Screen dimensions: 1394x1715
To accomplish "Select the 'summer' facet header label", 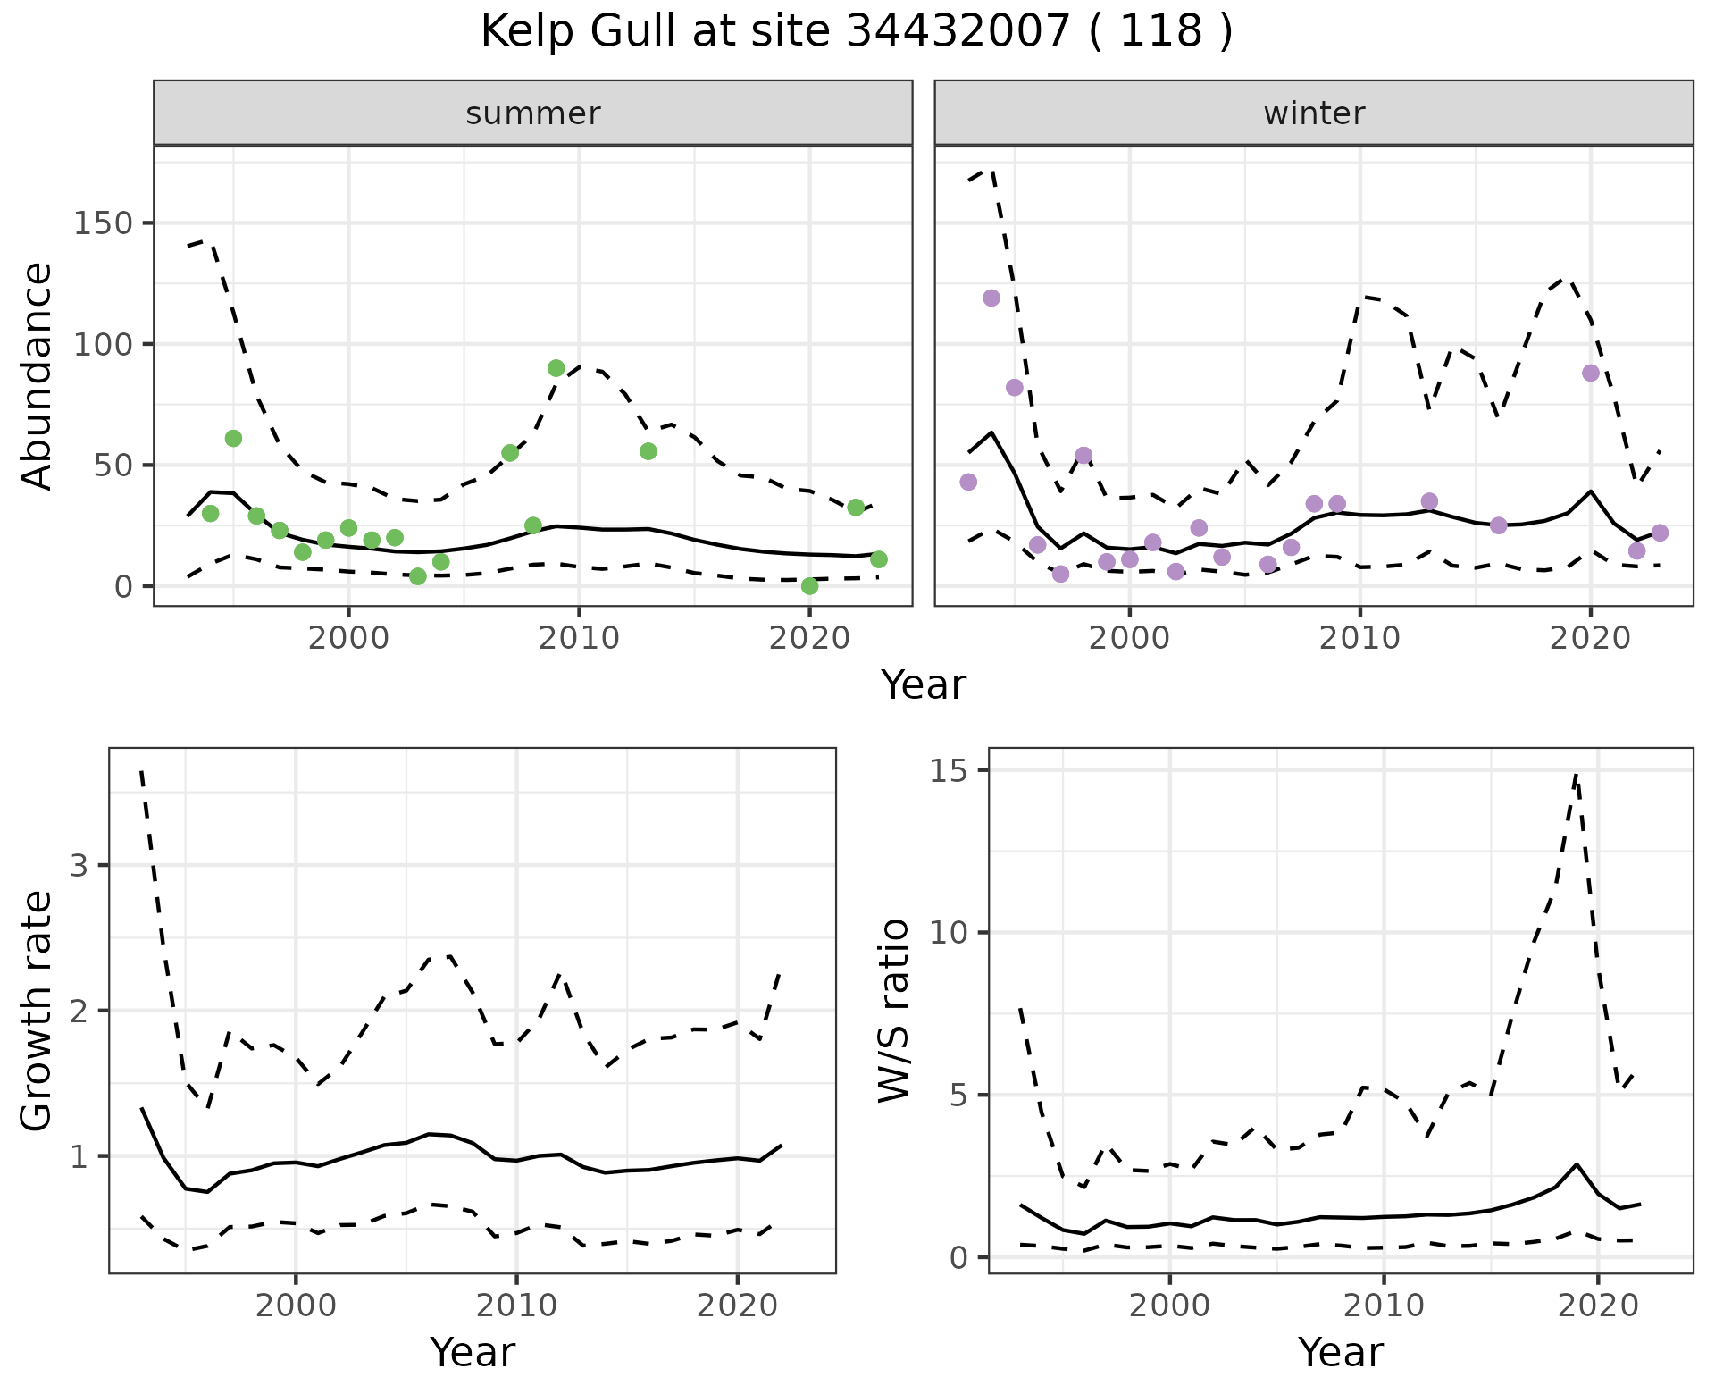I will (533, 113).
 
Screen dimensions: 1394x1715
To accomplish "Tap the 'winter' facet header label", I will (1314, 113).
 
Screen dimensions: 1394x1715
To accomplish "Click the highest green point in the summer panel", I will (556, 368).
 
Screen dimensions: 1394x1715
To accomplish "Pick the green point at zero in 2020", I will (809, 586).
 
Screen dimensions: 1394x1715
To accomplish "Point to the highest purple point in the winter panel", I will (991, 298).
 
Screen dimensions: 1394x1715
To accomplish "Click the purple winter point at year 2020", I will (1590, 373).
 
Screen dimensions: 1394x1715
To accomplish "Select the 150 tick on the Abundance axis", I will (104, 223).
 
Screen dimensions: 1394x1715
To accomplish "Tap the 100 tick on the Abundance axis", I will (104, 344).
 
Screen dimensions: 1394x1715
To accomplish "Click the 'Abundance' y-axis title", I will (38, 376).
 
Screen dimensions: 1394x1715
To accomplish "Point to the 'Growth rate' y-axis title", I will (38, 1011).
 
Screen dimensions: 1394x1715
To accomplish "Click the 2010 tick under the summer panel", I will (579, 638).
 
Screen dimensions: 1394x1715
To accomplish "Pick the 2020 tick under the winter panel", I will (1590, 638).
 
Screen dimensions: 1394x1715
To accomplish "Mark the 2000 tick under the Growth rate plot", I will (296, 1306).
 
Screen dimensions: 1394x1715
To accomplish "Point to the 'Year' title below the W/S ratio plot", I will (1340, 1353).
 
